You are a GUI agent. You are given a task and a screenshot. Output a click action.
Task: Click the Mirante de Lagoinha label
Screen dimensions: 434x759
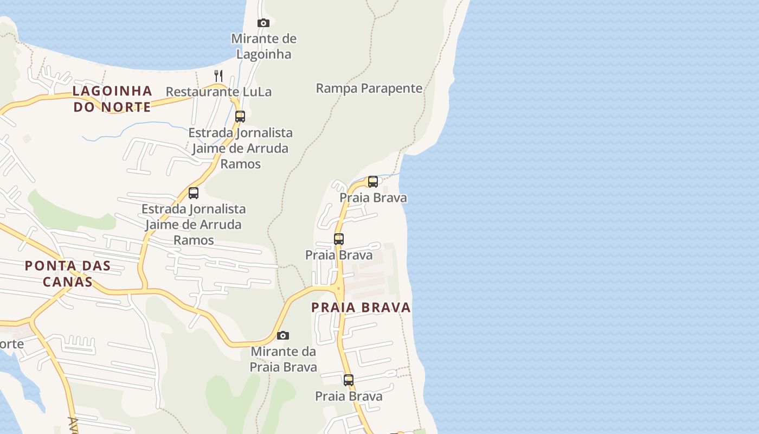[264, 46]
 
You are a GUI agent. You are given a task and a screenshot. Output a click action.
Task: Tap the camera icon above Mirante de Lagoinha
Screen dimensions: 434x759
[263, 23]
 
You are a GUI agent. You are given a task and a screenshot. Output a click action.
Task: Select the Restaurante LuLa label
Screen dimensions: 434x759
[218, 92]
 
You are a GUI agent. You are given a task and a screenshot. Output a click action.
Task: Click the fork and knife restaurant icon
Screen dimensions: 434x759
[218, 75]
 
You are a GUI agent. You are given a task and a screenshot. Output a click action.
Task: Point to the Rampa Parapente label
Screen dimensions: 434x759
[369, 88]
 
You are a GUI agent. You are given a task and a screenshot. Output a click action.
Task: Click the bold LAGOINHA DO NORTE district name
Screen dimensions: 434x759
[112, 98]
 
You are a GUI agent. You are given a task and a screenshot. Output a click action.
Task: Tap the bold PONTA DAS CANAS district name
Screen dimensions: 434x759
[68, 273]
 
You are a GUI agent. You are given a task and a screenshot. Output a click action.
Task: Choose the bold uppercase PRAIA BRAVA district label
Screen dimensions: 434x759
[361, 308]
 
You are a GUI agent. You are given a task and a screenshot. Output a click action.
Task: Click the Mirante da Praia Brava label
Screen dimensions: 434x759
[283, 359]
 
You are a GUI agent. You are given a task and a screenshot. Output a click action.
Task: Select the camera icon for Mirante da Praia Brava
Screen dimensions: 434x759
[283, 336]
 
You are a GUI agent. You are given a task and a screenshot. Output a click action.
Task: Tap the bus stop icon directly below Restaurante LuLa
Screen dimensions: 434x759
[240, 116]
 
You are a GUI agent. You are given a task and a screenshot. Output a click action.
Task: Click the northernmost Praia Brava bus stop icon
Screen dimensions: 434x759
[373, 181]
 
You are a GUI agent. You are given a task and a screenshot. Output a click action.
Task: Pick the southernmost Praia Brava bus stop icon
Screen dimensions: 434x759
[349, 380]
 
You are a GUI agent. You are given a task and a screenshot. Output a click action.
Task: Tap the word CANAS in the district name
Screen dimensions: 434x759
[68, 282]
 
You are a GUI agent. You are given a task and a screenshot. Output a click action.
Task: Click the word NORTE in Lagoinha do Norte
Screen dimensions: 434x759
[126, 107]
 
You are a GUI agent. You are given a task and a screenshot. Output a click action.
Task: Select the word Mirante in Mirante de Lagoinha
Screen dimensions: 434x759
[255, 39]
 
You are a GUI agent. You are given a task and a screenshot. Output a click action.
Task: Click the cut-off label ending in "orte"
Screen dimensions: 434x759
[11, 344]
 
